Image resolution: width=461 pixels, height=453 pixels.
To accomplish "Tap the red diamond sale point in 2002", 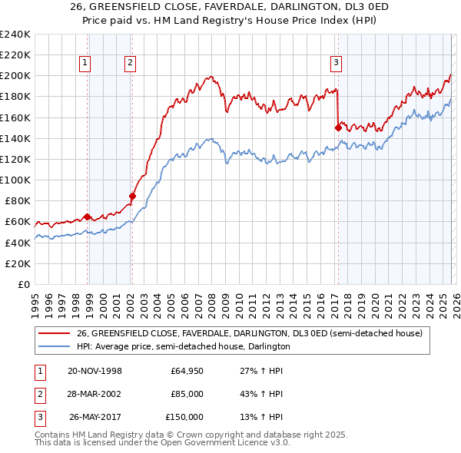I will click(x=132, y=196).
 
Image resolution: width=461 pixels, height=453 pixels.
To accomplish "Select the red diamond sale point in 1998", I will click(x=87, y=217).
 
